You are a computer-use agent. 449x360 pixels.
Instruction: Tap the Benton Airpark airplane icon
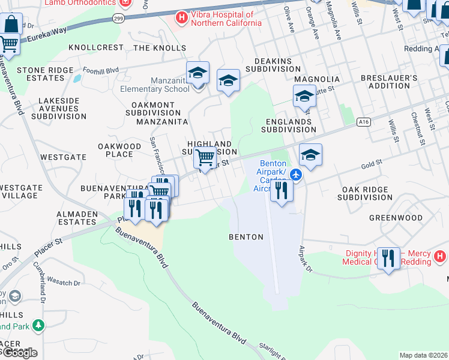pyautogui.click(x=296, y=174)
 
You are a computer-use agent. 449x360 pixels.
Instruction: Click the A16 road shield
pyautogui.click(x=363, y=122)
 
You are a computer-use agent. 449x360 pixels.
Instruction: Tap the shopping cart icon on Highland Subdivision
pyautogui.click(x=205, y=158)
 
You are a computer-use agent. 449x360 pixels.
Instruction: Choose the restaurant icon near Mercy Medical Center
pyautogui.click(x=389, y=259)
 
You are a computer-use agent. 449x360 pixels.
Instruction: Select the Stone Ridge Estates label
pyautogui.click(x=40, y=74)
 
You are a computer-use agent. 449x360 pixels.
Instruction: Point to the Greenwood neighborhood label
pyautogui.click(x=396, y=218)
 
